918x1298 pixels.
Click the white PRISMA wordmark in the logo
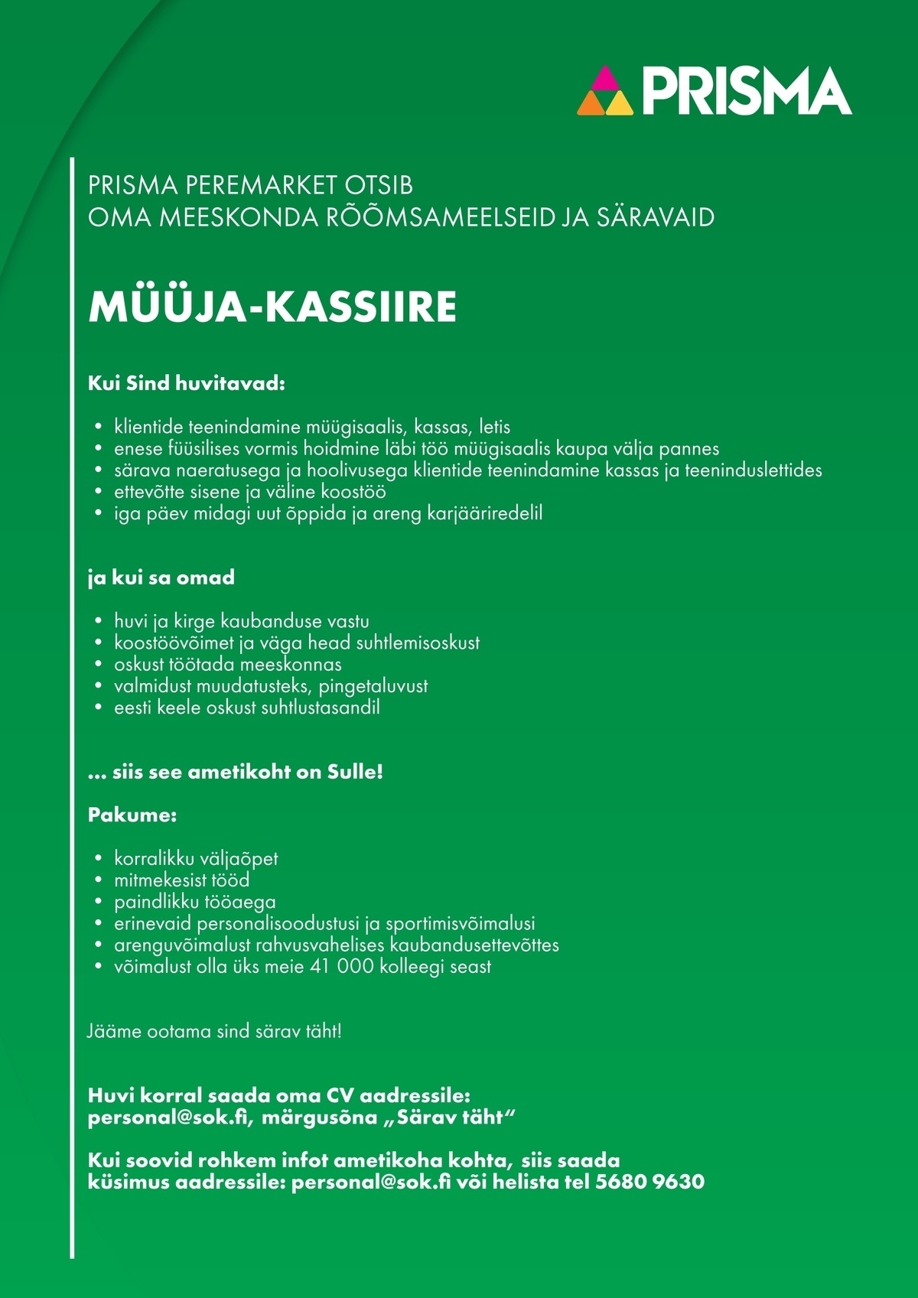(x=746, y=91)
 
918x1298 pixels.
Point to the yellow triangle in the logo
(x=620, y=104)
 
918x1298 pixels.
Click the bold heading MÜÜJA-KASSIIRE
(x=272, y=307)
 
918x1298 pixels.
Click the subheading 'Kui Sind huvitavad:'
(x=187, y=383)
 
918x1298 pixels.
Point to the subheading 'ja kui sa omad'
(x=161, y=577)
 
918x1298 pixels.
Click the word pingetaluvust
(x=373, y=686)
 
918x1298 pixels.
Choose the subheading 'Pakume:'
(x=132, y=815)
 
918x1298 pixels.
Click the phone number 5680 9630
(x=649, y=1182)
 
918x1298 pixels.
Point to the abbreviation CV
(x=341, y=1095)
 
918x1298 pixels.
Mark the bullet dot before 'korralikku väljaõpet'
(x=98, y=859)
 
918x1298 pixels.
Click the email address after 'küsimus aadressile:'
(x=371, y=1182)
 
